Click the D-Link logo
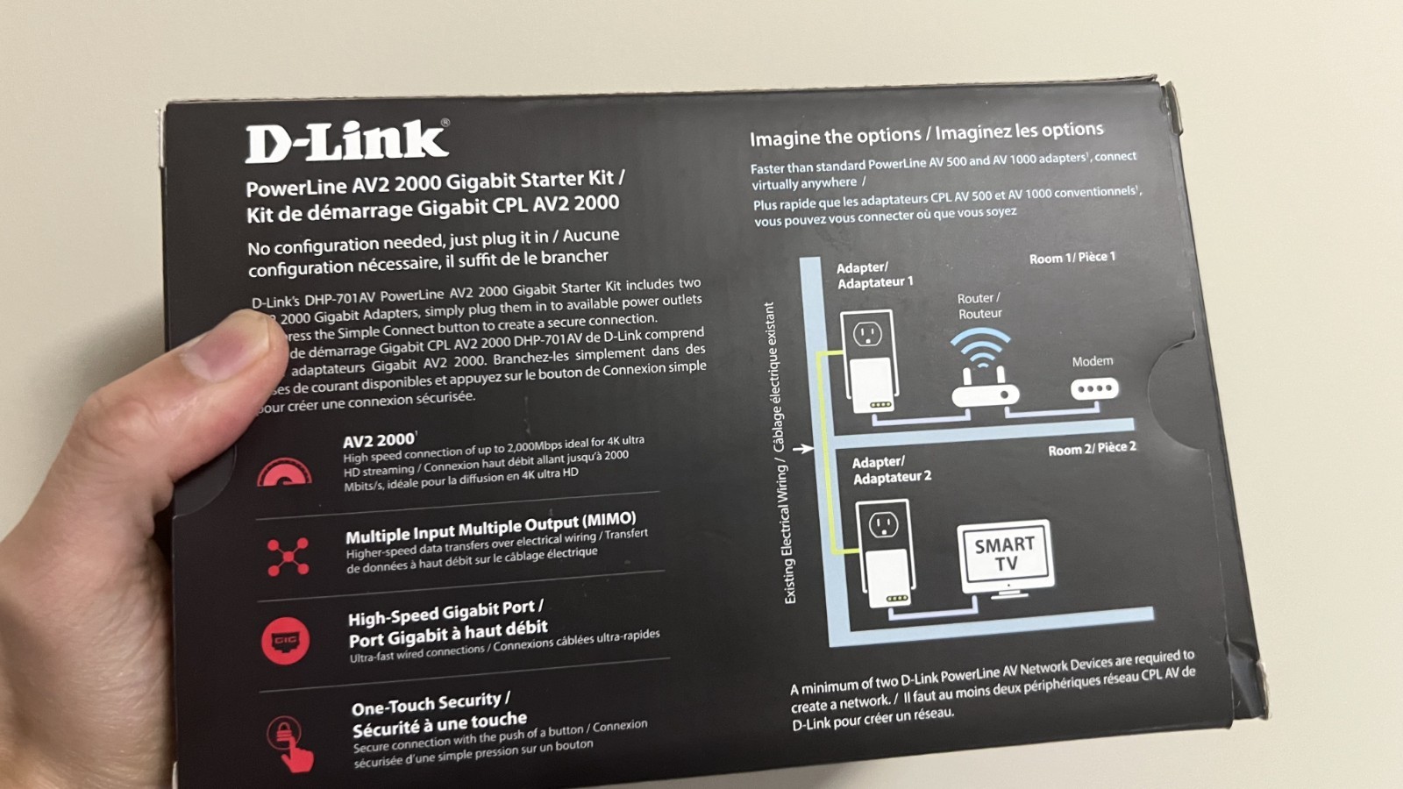click(346, 142)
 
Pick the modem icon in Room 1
click(1094, 388)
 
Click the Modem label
click(1093, 361)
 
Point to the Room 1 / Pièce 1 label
click(1072, 258)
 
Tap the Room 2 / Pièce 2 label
click(1092, 448)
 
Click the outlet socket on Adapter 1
click(867, 334)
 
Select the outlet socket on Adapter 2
click(883, 524)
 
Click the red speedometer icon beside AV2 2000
click(284, 473)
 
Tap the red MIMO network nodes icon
click(288, 556)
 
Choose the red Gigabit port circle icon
click(285, 640)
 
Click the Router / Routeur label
click(979, 306)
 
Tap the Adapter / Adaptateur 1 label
click(874, 275)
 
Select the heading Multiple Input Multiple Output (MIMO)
click(490, 527)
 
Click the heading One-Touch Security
click(430, 703)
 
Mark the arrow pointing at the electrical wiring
click(802, 448)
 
